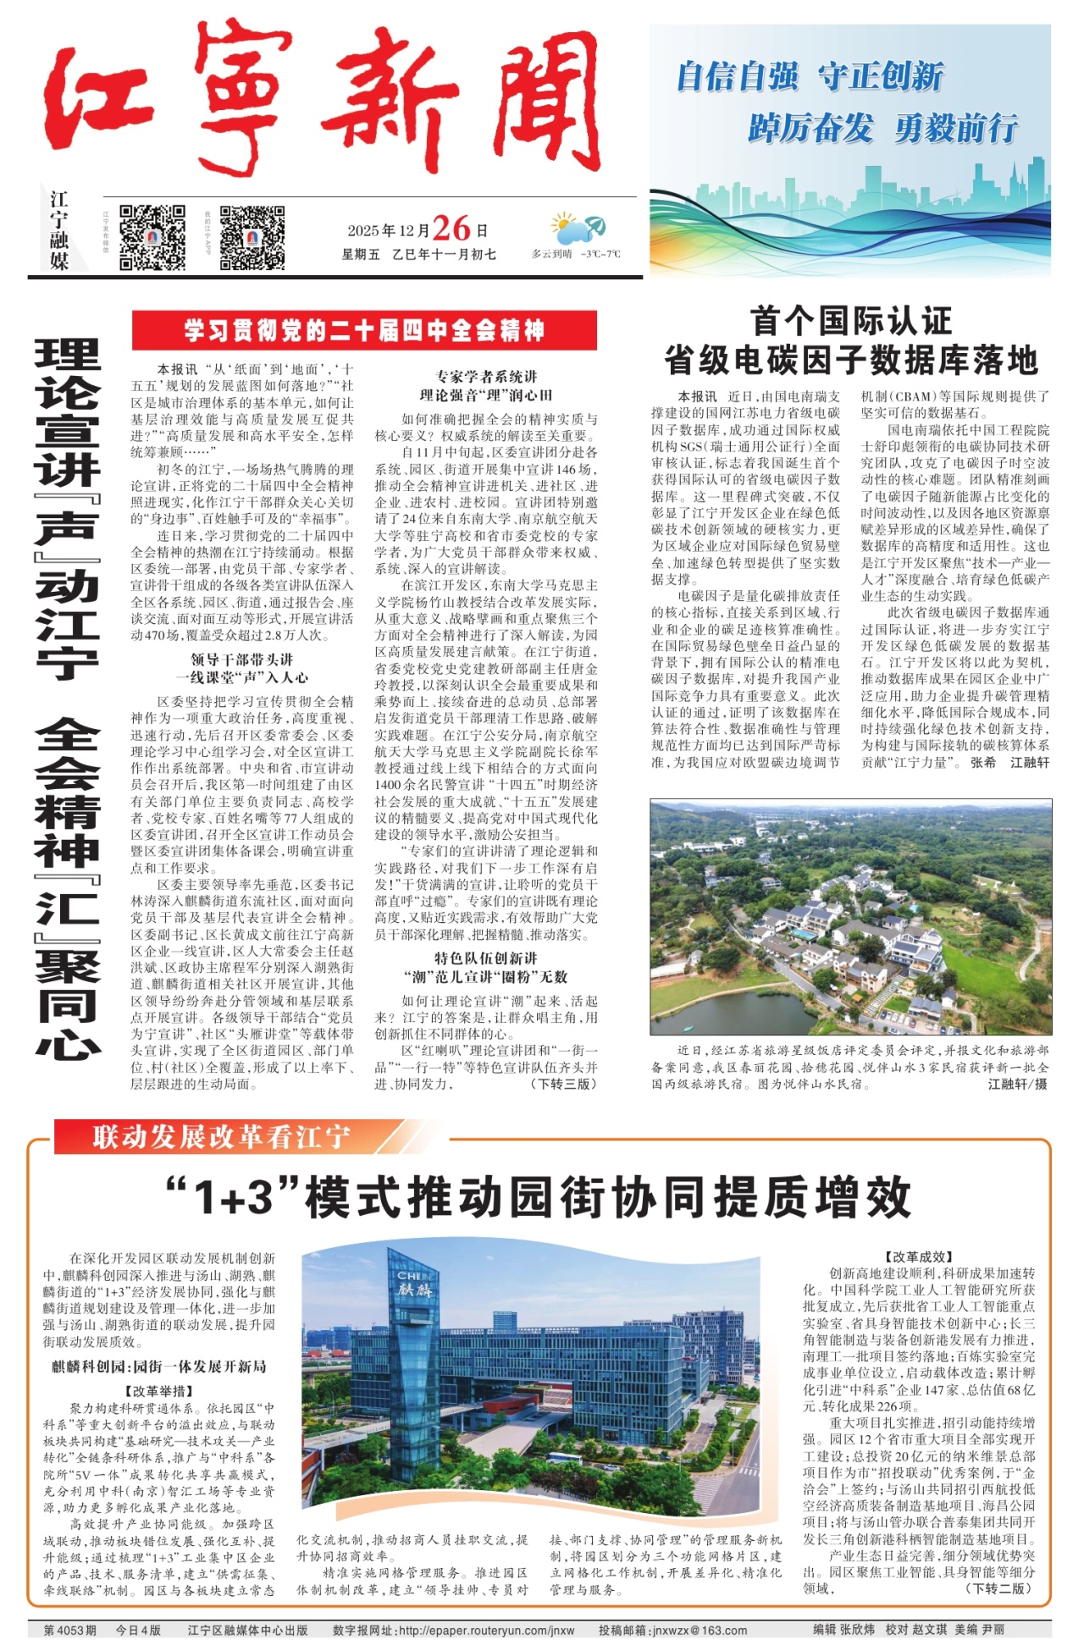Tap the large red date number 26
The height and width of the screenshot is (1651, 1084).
[451, 229]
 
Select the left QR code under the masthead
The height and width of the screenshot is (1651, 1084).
[152, 237]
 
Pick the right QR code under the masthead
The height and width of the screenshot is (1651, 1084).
[252, 237]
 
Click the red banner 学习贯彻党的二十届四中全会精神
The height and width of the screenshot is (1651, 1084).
[364, 330]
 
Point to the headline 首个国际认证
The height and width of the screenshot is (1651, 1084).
[850, 322]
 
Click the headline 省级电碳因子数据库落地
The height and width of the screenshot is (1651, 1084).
[850, 361]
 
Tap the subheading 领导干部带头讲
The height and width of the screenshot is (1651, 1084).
[241, 660]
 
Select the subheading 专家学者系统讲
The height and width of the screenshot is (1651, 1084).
[486, 377]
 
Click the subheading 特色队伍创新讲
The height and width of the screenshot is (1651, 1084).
[486, 958]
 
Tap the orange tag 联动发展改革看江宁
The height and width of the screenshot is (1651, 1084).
[222, 1136]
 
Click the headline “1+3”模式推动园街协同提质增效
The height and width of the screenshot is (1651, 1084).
[539, 1196]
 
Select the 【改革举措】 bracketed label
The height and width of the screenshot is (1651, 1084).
[159, 1391]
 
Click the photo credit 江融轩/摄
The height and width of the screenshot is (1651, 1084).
[1017, 1084]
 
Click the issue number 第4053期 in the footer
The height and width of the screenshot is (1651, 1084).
[70, 1631]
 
